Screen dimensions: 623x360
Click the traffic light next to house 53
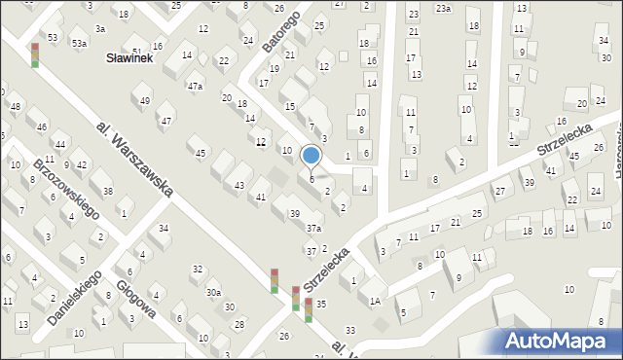(x=35, y=55)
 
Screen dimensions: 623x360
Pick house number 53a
(x=79, y=44)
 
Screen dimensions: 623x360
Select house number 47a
(x=196, y=87)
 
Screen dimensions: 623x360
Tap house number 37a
(x=313, y=228)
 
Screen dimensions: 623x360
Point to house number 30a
(x=213, y=292)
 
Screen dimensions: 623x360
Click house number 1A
(x=375, y=302)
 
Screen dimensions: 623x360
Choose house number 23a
(x=443, y=9)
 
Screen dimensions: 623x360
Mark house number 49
(x=145, y=101)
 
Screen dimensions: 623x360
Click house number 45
(x=201, y=153)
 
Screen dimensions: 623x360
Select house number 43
(x=239, y=185)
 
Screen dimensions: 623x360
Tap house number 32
(x=198, y=270)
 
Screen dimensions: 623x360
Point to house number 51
(x=137, y=52)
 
